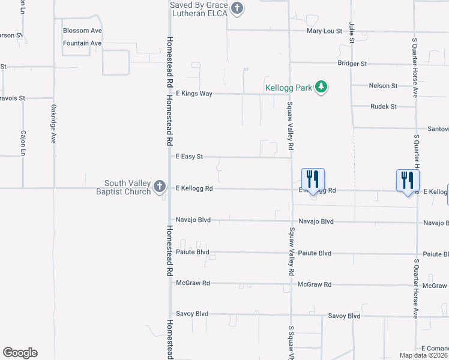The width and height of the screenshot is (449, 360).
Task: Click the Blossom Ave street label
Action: [82, 31]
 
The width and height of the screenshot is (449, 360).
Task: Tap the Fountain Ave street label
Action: [82, 43]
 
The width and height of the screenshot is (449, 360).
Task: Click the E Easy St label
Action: [189, 157]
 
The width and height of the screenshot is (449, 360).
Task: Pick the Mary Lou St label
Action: [324, 31]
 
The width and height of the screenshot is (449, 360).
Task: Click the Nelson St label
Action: [383, 86]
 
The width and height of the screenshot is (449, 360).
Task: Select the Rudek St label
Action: [384, 107]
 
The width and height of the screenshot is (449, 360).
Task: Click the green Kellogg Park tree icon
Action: [322, 88]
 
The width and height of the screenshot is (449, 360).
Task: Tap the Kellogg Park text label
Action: [289, 88]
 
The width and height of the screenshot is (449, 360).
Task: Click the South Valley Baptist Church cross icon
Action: [159, 186]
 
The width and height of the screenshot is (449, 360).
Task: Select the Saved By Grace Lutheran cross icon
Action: [237, 8]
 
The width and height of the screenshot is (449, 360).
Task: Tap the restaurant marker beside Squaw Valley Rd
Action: [313, 179]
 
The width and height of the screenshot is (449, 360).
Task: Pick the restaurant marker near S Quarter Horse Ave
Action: [408, 180]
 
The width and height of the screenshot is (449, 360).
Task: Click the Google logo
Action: [20, 353]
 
